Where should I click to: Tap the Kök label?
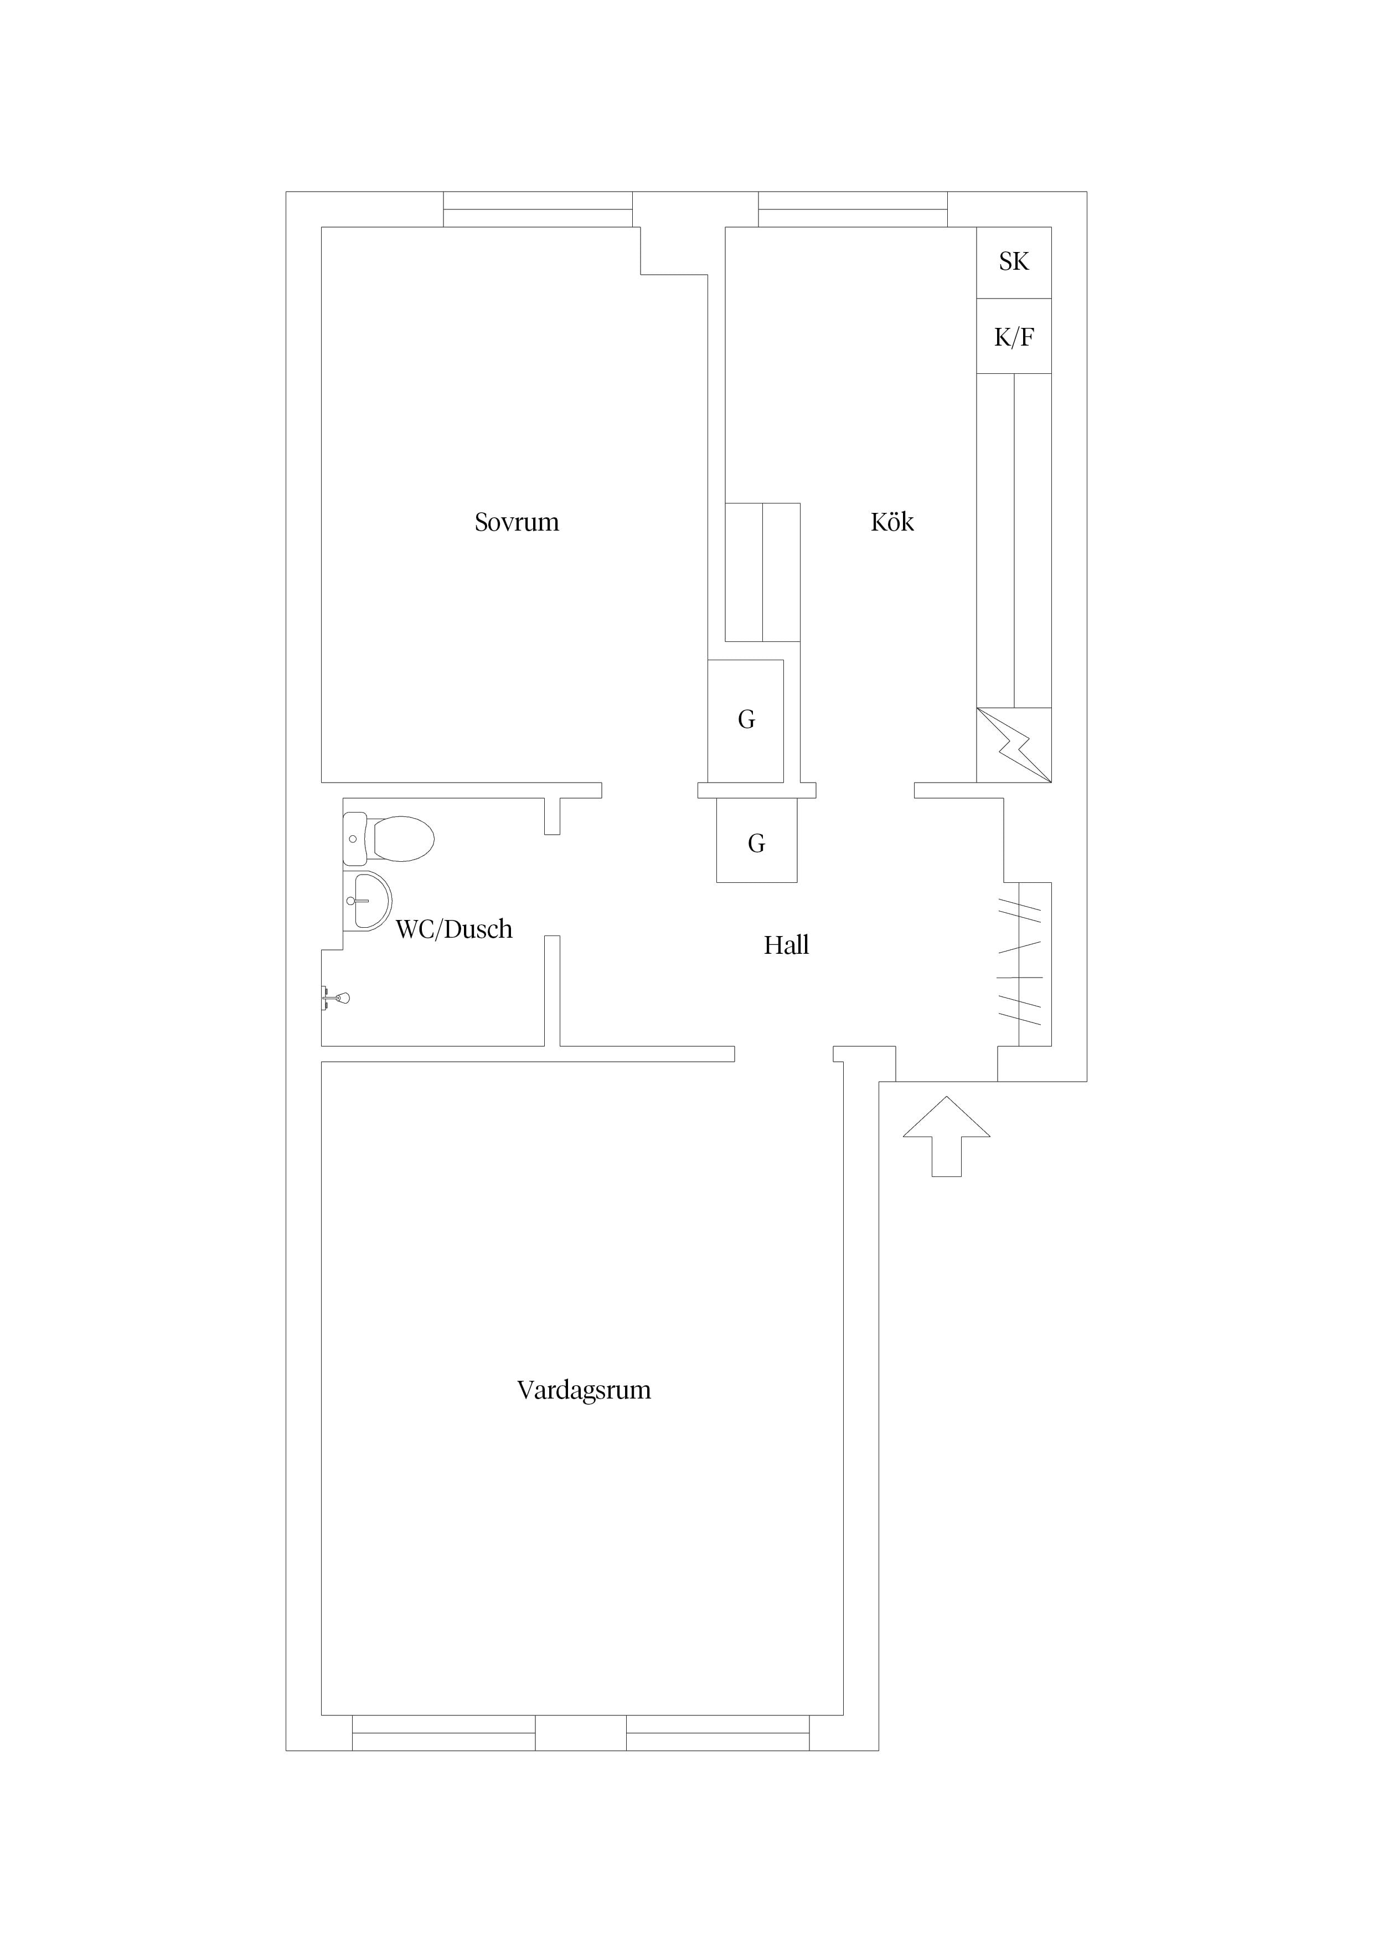(x=892, y=522)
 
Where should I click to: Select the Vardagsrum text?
(x=584, y=1390)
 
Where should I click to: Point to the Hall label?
(x=786, y=945)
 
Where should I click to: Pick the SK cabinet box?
(x=1014, y=263)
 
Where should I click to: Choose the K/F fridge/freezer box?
(x=1014, y=337)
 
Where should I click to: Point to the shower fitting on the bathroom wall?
(x=336, y=999)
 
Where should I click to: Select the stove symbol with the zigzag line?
(x=1014, y=745)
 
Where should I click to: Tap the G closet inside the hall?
(x=756, y=843)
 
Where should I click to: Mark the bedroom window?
(x=538, y=209)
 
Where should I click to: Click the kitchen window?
(x=852, y=209)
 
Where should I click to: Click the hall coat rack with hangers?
(x=1025, y=965)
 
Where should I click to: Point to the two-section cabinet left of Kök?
(x=762, y=572)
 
